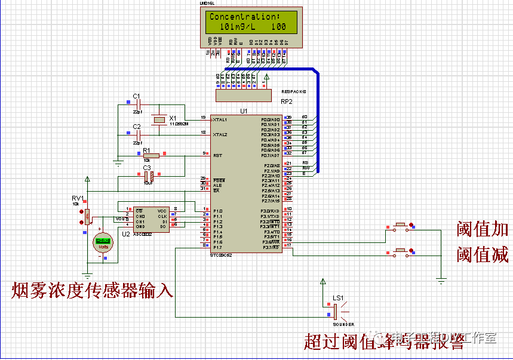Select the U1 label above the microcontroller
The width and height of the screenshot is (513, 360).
coord(244,111)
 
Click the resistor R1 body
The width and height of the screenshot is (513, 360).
coord(152,156)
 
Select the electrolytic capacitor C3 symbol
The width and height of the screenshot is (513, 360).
coord(149,176)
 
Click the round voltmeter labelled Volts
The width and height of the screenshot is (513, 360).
coord(103,241)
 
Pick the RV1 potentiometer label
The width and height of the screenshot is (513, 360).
coord(78,198)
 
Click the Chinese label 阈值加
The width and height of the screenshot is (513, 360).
coord(482,229)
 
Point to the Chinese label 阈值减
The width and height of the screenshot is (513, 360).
coord(482,255)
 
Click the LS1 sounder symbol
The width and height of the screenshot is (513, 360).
coord(336,311)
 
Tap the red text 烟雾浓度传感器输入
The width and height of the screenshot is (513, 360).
coord(93,291)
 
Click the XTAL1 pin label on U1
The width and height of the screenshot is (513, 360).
coord(220,120)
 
